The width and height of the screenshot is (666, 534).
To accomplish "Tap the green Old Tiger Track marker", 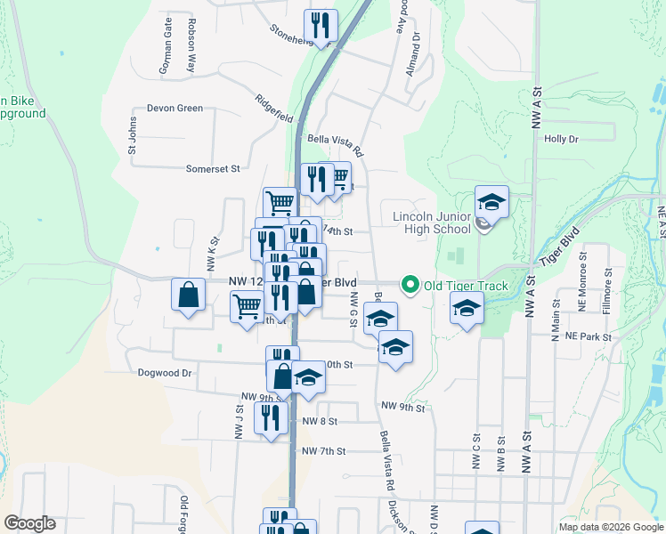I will [x=410, y=286].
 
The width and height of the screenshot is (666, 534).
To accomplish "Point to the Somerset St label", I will [x=213, y=168].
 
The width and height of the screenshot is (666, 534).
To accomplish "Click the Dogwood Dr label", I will [x=166, y=374].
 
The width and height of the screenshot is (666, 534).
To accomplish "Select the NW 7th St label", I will [x=323, y=451].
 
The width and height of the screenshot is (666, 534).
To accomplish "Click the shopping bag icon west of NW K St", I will [x=189, y=295].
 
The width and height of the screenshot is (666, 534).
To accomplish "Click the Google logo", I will [x=29, y=523].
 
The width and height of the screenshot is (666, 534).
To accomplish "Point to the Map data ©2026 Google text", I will [x=610, y=527].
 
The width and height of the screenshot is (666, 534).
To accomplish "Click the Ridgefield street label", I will [x=273, y=109].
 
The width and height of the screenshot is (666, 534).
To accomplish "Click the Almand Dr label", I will [x=413, y=57].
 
